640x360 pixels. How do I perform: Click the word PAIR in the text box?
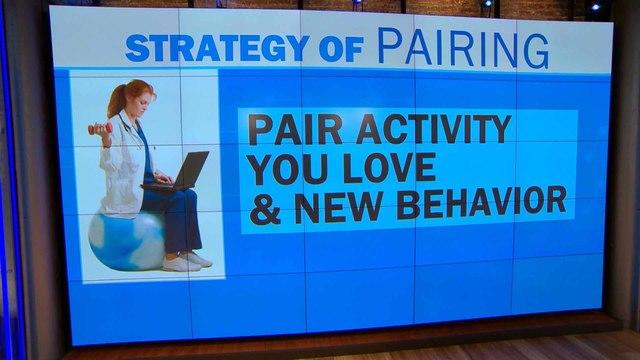291,130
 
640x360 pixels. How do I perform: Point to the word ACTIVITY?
431,130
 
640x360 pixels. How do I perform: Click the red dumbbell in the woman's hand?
96,129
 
